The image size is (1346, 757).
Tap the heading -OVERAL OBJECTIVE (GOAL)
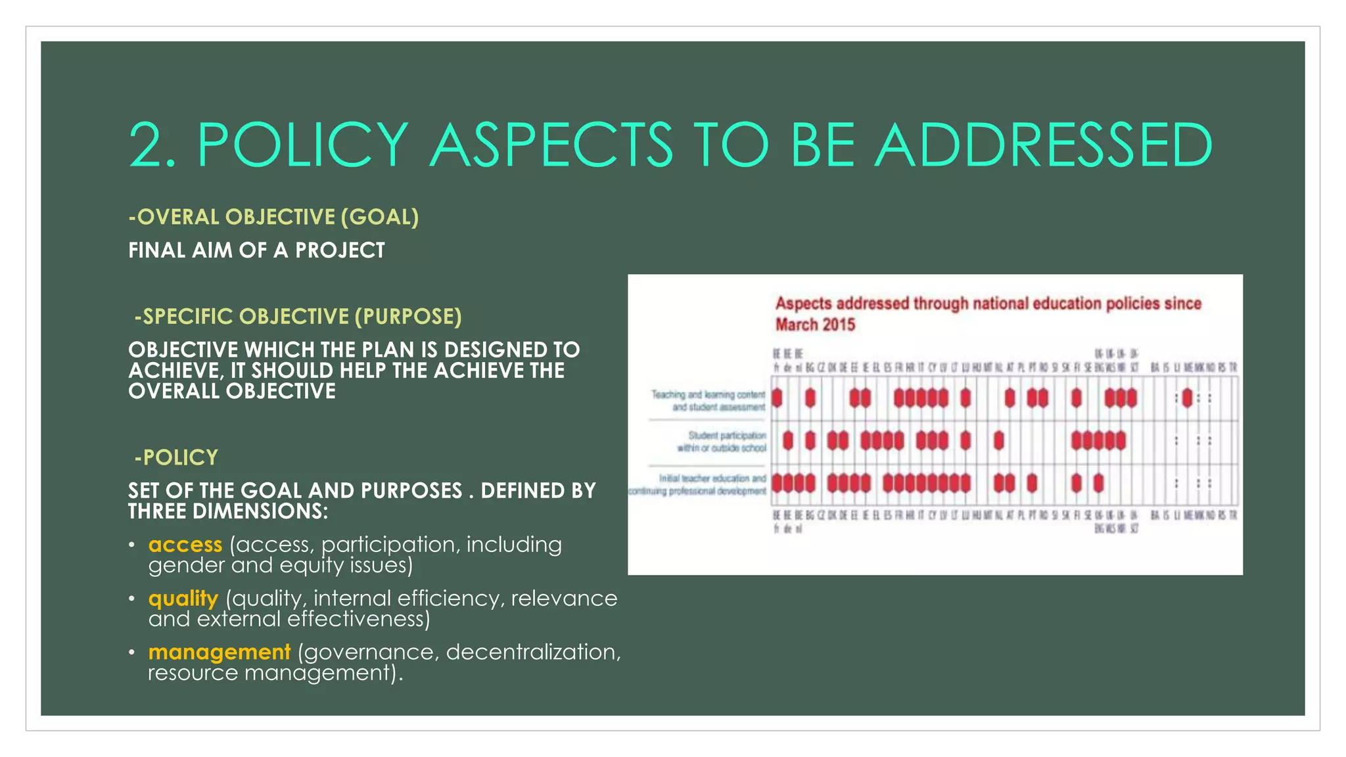[273, 217]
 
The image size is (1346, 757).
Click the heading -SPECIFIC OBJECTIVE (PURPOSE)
[298, 317]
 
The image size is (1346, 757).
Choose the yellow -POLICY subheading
[176, 457]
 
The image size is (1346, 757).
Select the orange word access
[185, 545]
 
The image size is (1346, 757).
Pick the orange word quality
[183, 599]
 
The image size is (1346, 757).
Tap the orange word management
[220, 652]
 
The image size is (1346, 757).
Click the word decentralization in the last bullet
[533, 652]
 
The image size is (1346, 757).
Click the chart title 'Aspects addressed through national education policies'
[988, 304]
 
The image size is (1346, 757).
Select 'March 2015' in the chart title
[815, 325]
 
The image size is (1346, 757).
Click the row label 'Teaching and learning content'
[708, 394]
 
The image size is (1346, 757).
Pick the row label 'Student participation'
[727, 435]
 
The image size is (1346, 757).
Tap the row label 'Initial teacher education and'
[712, 478]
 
